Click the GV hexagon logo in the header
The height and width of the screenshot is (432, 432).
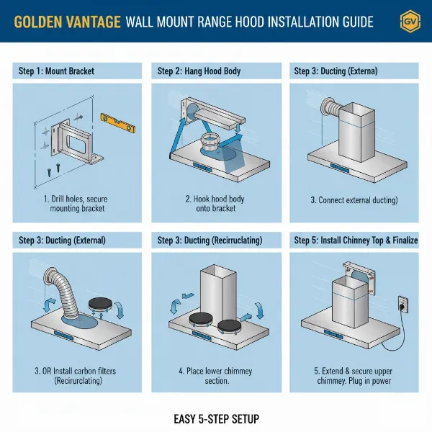point(410,22)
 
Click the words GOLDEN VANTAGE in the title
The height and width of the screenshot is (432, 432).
point(67,22)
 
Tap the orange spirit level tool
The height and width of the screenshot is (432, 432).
point(118,123)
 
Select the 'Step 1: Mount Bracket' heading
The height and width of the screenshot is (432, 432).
point(56,71)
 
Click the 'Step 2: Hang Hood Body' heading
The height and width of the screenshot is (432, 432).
point(199,71)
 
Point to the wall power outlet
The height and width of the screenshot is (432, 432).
point(403,305)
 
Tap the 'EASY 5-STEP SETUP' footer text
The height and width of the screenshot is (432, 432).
point(216,419)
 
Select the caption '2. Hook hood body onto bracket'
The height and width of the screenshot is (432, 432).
point(215,203)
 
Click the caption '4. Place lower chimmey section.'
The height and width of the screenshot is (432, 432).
point(216,376)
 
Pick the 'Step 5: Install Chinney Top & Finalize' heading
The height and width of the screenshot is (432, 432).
point(356,240)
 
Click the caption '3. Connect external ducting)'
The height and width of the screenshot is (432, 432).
point(354,200)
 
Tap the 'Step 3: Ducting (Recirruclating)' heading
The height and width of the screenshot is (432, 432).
point(210,240)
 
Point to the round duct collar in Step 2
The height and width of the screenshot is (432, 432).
point(210,142)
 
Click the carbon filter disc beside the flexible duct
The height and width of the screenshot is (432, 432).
point(100,304)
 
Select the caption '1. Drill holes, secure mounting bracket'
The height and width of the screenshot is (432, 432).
point(76,203)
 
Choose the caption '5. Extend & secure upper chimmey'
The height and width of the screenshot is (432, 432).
point(354,376)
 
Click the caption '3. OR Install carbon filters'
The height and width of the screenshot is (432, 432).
point(75,371)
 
